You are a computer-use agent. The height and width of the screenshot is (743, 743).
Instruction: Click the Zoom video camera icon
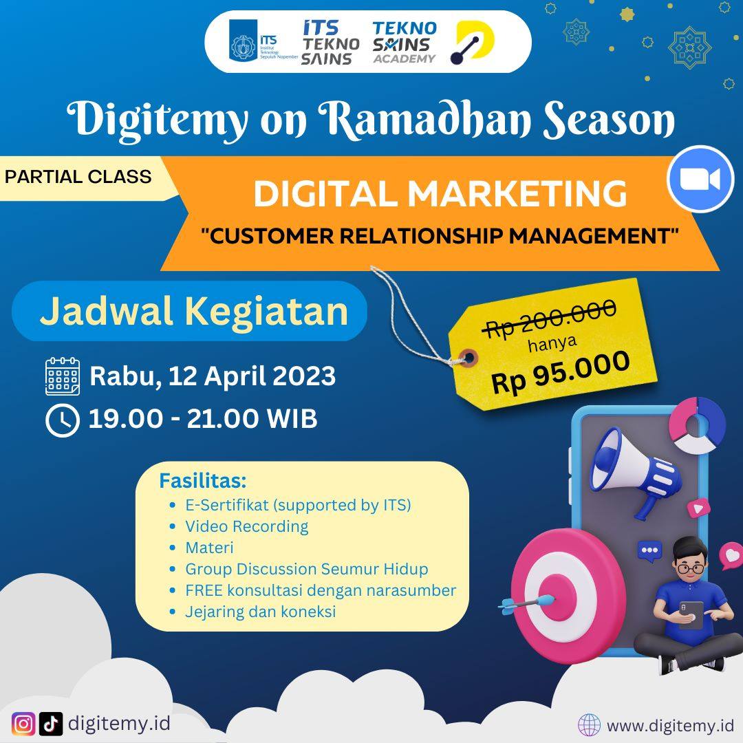pyautogui.click(x=700, y=179)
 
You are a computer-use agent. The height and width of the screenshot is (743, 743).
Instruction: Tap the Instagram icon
pyautogui.click(x=23, y=724)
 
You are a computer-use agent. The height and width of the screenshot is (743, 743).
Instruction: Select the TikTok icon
pyautogui.click(x=51, y=724)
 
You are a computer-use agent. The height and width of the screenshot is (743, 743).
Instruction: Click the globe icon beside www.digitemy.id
pyautogui.click(x=589, y=725)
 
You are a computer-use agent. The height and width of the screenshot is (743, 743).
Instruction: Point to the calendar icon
pyautogui.click(x=63, y=376)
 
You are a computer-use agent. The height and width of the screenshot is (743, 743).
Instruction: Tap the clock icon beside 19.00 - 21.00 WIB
pyautogui.click(x=62, y=420)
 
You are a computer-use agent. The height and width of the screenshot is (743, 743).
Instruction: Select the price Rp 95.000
pyautogui.click(x=561, y=372)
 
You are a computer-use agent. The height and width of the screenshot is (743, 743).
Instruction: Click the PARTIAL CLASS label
pyautogui.click(x=78, y=177)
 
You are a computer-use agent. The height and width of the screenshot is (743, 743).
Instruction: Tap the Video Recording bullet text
pyautogui.click(x=246, y=526)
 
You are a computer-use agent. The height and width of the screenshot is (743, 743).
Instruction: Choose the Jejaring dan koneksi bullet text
pyautogui.click(x=260, y=612)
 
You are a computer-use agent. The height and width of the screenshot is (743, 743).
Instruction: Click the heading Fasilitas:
pyautogui.click(x=203, y=480)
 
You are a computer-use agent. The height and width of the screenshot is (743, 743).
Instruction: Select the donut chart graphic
pyautogui.click(x=697, y=424)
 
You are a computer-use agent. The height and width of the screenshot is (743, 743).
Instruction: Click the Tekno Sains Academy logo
pyautogui.click(x=405, y=42)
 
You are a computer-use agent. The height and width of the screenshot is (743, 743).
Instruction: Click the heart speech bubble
pyautogui.click(x=730, y=555)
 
